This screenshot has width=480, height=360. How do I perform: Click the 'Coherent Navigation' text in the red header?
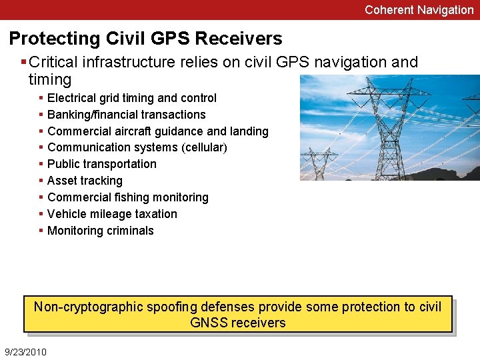(419, 10)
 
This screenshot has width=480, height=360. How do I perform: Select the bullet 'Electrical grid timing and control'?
(132, 98)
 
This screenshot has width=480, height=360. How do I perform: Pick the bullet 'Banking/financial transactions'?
(127, 115)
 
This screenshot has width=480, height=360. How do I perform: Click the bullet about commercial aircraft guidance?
(158, 131)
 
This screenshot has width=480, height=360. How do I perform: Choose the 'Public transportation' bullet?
(102, 164)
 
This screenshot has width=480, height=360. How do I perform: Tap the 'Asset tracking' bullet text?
(85, 181)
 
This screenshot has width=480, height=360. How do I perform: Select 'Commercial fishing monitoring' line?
(128, 197)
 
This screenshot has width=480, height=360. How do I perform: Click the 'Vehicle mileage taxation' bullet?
(113, 214)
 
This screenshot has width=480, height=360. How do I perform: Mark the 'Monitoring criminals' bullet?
(101, 231)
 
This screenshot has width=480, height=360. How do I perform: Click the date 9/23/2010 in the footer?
(25, 351)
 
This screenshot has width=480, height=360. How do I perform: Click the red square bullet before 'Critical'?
(24, 62)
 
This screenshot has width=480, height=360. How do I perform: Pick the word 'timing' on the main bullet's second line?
(50, 79)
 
